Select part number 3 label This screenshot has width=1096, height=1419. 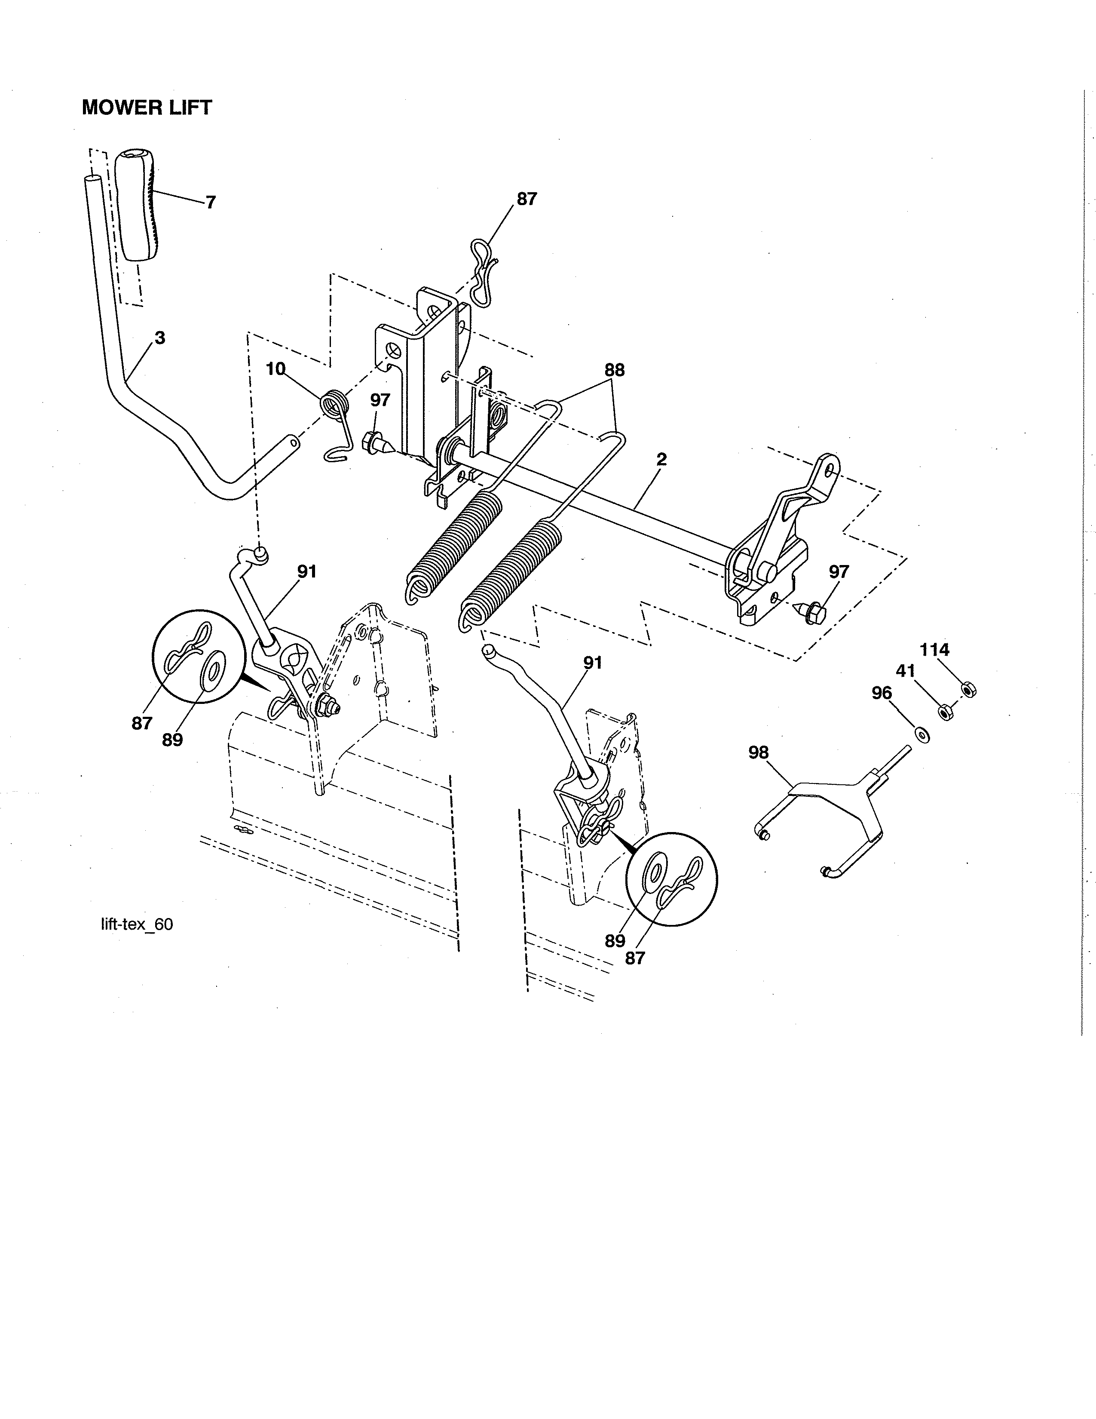[160, 338]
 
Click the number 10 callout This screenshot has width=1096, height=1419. [276, 369]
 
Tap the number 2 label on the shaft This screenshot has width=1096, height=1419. [661, 459]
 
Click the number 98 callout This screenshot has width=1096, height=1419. [758, 752]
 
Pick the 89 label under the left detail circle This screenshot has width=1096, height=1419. [172, 740]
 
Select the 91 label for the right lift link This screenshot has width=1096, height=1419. [592, 663]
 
